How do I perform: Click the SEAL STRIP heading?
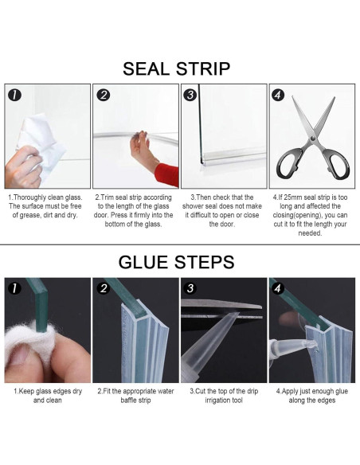click(177, 68)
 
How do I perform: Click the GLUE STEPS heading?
click(177, 262)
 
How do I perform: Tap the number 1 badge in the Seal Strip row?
click(15, 96)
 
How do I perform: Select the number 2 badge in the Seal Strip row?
click(104, 96)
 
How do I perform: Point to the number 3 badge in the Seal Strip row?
click(190, 96)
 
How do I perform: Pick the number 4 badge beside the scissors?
click(278, 96)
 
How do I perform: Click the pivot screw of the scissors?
click(312, 139)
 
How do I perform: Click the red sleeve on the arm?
click(167, 174)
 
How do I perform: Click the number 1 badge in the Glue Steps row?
click(15, 288)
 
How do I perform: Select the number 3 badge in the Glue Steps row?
click(190, 288)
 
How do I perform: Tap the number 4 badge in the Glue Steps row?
click(278, 288)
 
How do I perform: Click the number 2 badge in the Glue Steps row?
click(104, 288)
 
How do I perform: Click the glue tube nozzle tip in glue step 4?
click(315, 343)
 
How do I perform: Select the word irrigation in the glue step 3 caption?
click(218, 401)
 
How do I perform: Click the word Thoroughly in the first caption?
click(30, 197)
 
